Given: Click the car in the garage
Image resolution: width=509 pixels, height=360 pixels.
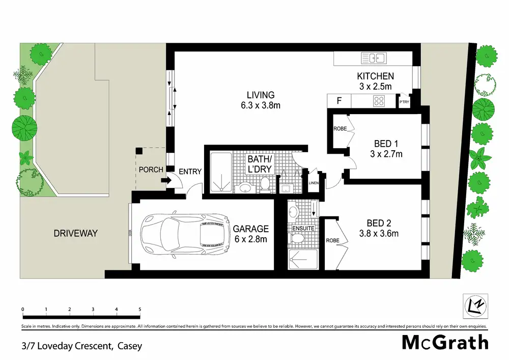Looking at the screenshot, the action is pos(185,234).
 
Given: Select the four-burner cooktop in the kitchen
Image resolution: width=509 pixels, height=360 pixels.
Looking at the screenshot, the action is pos(379,101).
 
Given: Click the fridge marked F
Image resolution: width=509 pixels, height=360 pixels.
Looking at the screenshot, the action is pos(339,101).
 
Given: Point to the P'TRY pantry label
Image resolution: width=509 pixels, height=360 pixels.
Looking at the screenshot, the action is pos(404,102).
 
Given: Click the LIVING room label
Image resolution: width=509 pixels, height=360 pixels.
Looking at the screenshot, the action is pos(261,95).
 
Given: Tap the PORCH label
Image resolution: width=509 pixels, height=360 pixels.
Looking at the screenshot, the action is pos(151,170).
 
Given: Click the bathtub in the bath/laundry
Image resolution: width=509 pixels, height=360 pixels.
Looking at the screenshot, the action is pos(221,172).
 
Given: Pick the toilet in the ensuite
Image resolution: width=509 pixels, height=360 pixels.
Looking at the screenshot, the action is pos(297,239).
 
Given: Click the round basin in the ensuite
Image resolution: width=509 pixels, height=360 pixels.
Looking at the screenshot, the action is pos(294,212).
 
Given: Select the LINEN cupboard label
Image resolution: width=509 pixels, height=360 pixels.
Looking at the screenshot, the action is pos(314,183).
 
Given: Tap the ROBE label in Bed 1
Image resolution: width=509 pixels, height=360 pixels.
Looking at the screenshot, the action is pos(340,129).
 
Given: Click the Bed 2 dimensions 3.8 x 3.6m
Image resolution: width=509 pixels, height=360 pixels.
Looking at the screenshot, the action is pos(379,233).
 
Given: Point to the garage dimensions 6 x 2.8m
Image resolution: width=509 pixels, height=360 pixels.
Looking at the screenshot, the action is pos(251,239).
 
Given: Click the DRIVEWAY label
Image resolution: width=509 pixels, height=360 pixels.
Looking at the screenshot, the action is pos(76,233).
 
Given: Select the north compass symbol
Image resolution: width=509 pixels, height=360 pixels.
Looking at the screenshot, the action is pos(475,306).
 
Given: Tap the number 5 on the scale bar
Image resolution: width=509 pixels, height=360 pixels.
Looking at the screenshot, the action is pos(140,310).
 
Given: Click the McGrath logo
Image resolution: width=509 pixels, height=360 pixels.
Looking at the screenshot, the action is pos(445,343).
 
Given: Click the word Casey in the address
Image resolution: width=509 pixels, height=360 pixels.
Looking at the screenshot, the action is pos(130,346).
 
